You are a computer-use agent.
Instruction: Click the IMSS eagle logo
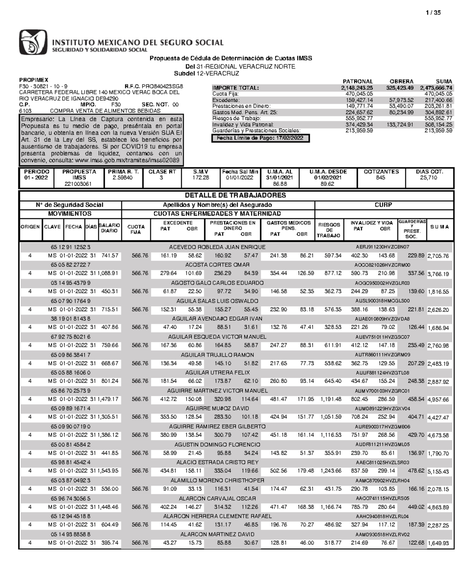[x=33, y=42]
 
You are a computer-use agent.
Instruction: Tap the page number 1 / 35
[x=433, y=13]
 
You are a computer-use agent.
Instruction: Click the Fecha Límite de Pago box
[x=260, y=138]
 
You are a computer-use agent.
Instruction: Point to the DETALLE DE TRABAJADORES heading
[x=235, y=195]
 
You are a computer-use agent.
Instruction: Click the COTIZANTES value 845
[x=380, y=178]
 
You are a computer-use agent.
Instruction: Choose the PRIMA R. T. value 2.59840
[x=123, y=178]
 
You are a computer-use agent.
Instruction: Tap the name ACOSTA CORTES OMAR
[x=217, y=265]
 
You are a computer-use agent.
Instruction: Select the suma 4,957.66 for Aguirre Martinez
[x=438, y=399]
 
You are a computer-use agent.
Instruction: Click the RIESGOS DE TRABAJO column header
[x=329, y=230]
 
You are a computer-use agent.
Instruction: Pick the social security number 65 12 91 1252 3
[x=70, y=247]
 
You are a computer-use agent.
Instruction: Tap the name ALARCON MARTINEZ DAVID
[x=217, y=534]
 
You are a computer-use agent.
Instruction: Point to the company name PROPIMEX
[x=34, y=80]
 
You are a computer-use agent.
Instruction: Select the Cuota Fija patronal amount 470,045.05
[x=359, y=94]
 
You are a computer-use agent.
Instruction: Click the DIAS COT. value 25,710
[x=429, y=178]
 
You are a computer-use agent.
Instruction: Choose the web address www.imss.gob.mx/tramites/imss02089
[x=127, y=160]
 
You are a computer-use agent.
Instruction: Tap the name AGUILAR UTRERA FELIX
[x=217, y=372]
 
